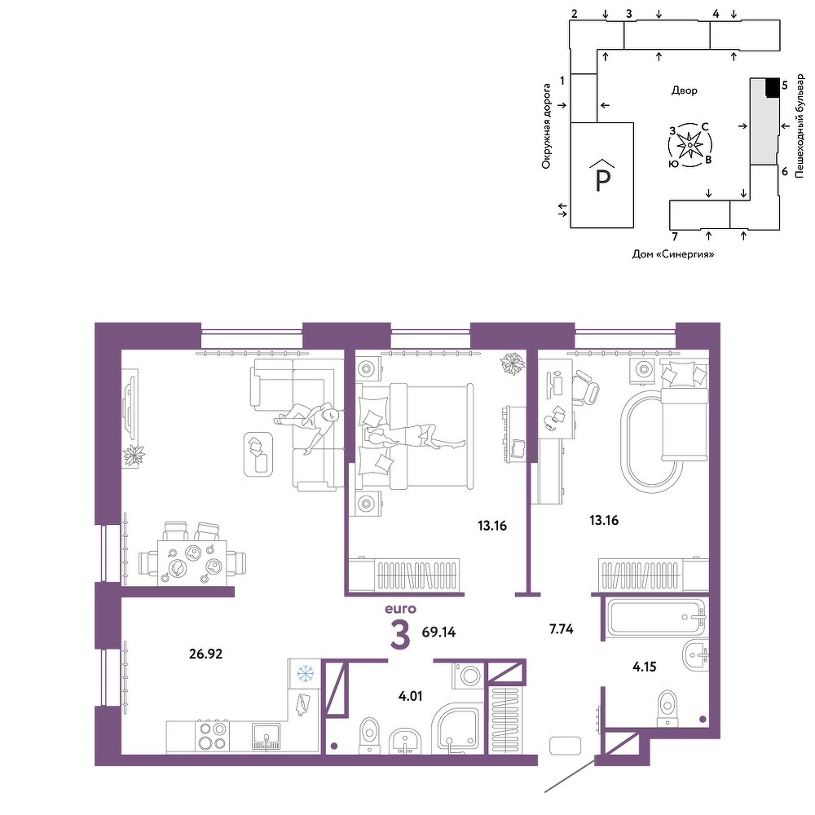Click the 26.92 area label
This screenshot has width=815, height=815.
click(206, 654)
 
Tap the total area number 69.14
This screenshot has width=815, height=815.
click(438, 632)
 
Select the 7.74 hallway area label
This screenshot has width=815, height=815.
click(562, 629)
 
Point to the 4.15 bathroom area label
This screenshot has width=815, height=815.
click(645, 667)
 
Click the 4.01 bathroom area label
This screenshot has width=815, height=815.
click(410, 696)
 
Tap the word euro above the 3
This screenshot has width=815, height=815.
click(400, 609)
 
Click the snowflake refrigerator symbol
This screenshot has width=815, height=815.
click(305, 674)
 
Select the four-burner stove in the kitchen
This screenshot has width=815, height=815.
click(212, 735)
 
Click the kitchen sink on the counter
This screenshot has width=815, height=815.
click(267, 737)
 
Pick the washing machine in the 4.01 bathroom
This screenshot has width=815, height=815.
click(469, 676)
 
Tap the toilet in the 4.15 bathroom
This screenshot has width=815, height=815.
click(667, 708)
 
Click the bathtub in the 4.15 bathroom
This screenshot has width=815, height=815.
click(658, 618)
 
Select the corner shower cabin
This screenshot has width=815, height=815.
click(458, 728)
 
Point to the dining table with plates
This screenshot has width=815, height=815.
click(192, 562)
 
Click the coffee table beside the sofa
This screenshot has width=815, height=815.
click(258, 454)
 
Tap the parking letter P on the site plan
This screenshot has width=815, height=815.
click(602, 180)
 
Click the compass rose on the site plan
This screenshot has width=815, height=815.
click(689, 145)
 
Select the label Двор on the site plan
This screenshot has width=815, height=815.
click(684, 90)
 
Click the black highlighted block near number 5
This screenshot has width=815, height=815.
click(773, 87)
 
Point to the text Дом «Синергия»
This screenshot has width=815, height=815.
click(672, 254)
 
